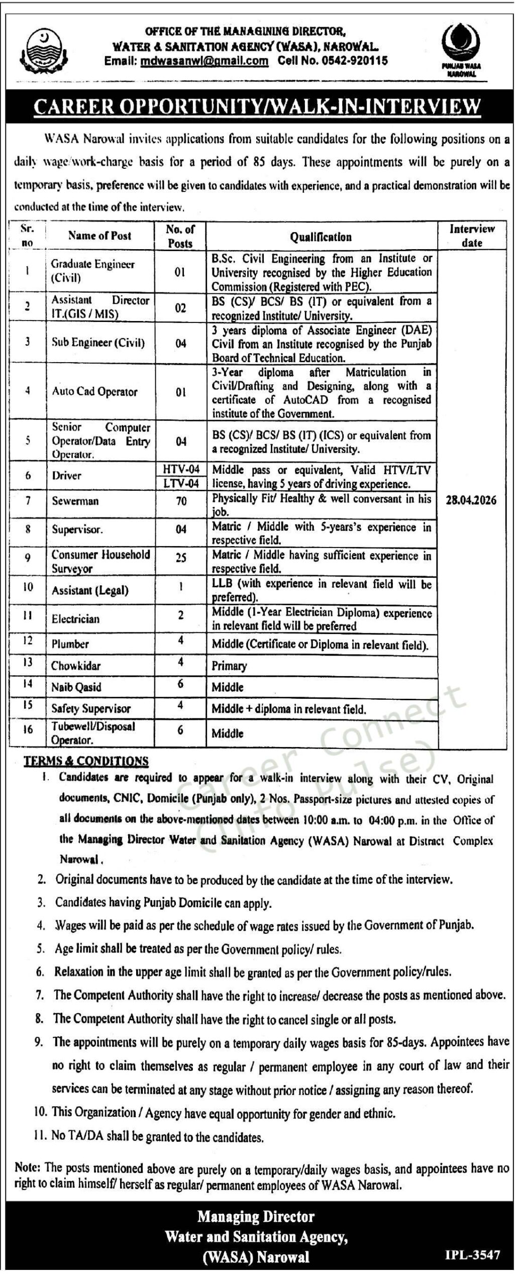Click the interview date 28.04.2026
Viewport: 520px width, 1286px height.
pyautogui.click(x=471, y=500)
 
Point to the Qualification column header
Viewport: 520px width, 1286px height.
pyautogui.click(x=321, y=237)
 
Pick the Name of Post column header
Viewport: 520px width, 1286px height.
pyautogui.click(x=99, y=235)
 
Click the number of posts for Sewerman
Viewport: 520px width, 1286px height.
pyautogui.click(x=180, y=501)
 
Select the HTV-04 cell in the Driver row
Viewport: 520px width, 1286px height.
pyautogui.click(x=181, y=469)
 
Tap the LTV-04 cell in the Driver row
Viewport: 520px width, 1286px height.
pyautogui.click(x=181, y=483)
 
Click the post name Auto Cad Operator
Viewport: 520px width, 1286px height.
pyautogui.click(x=94, y=392)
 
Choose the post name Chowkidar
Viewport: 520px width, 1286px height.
pyautogui.click(x=76, y=666)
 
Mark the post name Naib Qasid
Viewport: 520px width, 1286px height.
pyautogui.click(x=76, y=687)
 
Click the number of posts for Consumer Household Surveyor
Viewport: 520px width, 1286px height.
pyautogui.click(x=181, y=558)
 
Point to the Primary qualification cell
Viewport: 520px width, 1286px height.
pyautogui.click(x=229, y=666)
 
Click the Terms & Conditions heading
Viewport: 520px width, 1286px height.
pyautogui.click(x=86, y=761)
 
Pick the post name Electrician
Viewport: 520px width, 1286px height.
pyautogui.click(x=75, y=619)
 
